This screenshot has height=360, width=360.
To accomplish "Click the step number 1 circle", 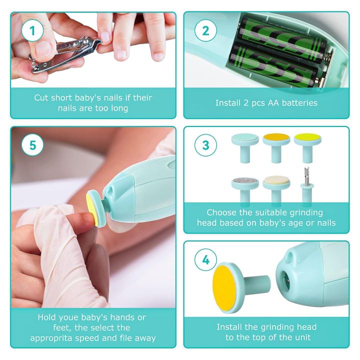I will point(32,31).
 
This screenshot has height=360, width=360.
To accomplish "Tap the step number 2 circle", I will point(205,31).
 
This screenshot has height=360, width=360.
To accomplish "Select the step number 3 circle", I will point(205,145).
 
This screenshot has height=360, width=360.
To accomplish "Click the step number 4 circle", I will point(205,260).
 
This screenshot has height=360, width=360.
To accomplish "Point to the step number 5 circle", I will point(32,145).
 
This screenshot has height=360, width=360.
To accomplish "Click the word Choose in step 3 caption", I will point(222,212).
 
